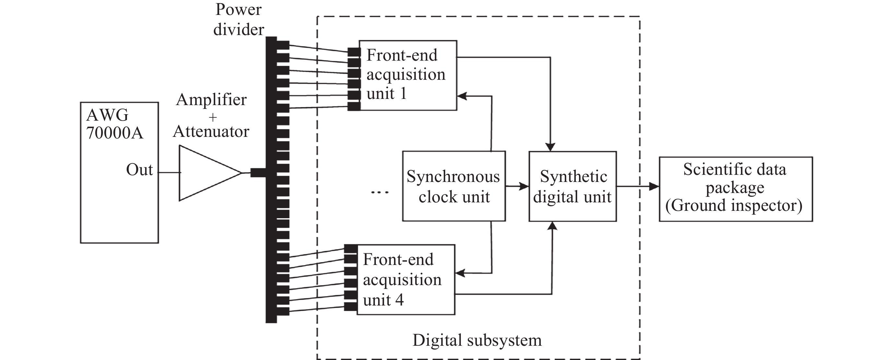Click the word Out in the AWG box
pos(139,170)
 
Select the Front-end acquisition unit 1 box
pos(408,75)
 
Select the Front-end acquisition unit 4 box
pos(406,280)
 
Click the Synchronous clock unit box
pos(454,186)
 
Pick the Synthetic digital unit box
pos(573,186)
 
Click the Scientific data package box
pos(736,189)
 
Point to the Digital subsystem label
pos(477,340)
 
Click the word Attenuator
pos(211,131)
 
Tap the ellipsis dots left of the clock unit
pos(380,192)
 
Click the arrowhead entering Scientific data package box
pos(654,186)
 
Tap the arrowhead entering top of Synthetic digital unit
pos(550,147)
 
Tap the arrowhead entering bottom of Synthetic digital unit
pos(551,226)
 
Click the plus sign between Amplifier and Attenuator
pos(213,118)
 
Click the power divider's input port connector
pos(258,172)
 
